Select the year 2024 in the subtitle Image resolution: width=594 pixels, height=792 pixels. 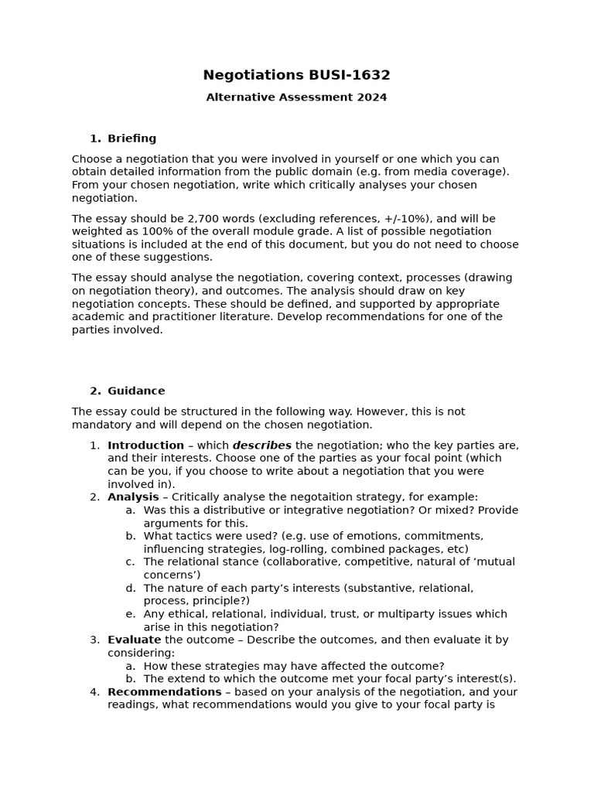pyautogui.click(x=371, y=97)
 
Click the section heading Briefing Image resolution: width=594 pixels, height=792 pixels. pyautogui.click(x=131, y=138)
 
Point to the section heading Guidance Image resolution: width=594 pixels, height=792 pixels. pyautogui.click(x=136, y=391)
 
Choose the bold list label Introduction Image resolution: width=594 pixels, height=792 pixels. pyautogui.click(x=145, y=445)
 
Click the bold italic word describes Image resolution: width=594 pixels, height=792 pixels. pyautogui.click(x=262, y=445)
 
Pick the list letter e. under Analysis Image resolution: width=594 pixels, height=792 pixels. pyautogui.click(x=130, y=614)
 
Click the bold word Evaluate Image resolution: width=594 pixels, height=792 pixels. pyautogui.click(x=135, y=640)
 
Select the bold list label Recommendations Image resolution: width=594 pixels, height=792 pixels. pyautogui.click(x=165, y=691)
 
